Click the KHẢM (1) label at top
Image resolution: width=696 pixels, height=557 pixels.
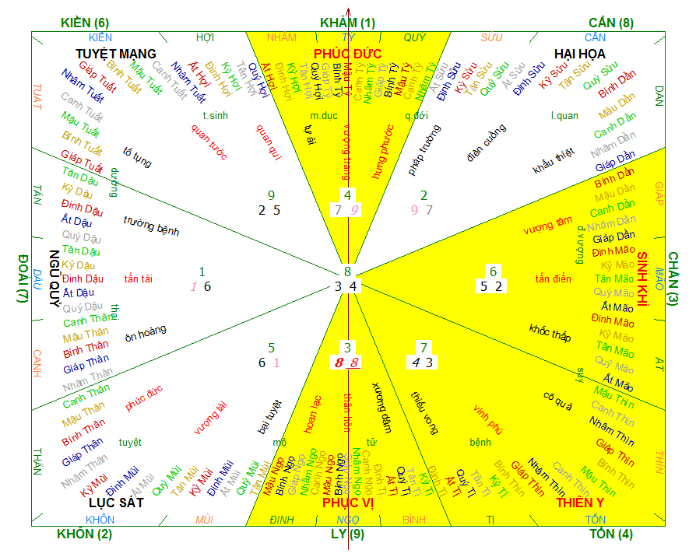point(347,23)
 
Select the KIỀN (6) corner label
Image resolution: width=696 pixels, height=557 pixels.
point(85,23)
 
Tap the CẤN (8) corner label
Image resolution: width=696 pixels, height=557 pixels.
point(611,23)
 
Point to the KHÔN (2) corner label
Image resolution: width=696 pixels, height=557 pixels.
point(85,534)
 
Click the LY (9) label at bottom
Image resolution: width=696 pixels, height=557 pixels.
point(347,534)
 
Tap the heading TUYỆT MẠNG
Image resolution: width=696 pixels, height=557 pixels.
point(116,53)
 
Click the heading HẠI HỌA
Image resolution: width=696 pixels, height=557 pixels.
point(580,53)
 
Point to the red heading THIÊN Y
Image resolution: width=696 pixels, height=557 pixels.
point(581,503)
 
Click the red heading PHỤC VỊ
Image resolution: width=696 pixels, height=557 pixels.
point(348,503)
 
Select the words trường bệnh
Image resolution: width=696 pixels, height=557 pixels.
point(151,226)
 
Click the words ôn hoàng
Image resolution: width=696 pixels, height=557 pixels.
point(146,331)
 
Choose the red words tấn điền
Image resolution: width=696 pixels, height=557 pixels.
point(554,278)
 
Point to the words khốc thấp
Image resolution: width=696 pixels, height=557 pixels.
point(550,332)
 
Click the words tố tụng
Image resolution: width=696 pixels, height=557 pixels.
point(137,158)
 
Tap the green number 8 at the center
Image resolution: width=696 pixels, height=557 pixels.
point(348,271)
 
